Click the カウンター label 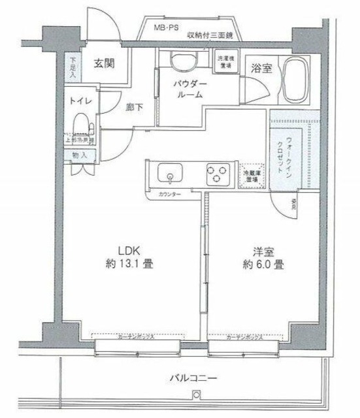click(x=169, y=195)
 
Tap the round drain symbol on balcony click(x=194, y=393)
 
